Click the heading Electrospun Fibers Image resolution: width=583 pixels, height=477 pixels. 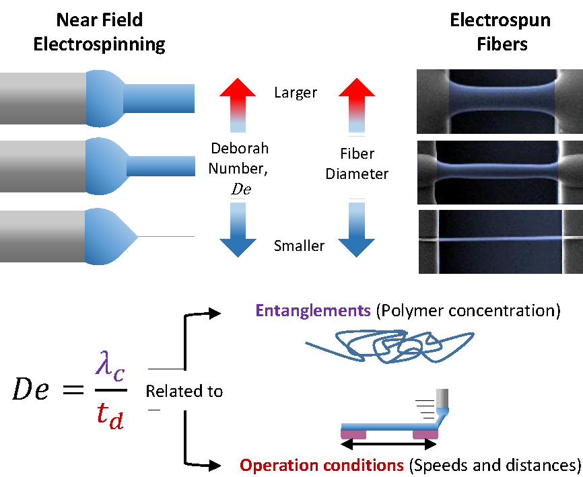[x=500, y=33]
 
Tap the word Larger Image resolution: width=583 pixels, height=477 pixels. [x=295, y=92]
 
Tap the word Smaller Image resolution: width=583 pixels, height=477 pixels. [x=299, y=246]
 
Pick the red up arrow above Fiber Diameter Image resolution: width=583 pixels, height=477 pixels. [x=357, y=101]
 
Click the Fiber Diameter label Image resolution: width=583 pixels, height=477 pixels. [x=357, y=163]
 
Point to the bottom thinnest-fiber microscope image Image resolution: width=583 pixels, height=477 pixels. [x=500, y=242]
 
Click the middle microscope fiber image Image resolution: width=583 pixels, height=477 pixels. [x=500, y=172]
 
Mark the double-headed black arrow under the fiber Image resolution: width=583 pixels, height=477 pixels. [x=390, y=445]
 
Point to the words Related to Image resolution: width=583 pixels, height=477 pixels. [x=184, y=391]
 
